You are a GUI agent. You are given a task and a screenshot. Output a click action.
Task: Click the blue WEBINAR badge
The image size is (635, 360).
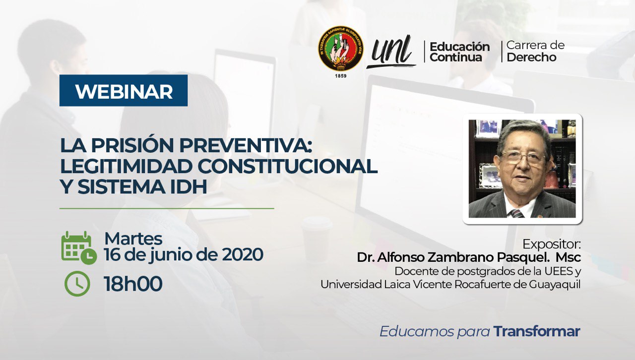(124, 91)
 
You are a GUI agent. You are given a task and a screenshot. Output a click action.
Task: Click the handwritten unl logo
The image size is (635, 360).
(392, 51)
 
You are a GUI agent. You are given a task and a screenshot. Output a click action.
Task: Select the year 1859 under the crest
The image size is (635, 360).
(340, 75)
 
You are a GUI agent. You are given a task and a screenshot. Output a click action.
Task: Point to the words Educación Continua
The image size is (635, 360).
(459, 52)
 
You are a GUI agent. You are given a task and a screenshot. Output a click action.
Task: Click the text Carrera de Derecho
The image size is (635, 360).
(535, 52)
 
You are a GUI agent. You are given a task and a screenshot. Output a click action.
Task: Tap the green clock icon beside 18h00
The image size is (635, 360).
(77, 284)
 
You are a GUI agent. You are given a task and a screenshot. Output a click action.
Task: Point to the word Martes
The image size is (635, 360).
(133, 239)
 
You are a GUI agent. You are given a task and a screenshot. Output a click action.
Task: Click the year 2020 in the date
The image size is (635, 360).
(242, 255)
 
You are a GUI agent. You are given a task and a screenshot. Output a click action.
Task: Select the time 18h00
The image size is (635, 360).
(133, 284)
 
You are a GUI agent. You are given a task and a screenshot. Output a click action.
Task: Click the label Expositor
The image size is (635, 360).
(551, 244)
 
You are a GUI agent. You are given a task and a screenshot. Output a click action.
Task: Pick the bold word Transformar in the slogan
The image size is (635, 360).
(537, 331)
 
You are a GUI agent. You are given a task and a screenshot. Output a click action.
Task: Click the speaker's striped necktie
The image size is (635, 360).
(516, 213)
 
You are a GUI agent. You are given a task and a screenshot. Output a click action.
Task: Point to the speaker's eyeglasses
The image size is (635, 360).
(523, 158)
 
